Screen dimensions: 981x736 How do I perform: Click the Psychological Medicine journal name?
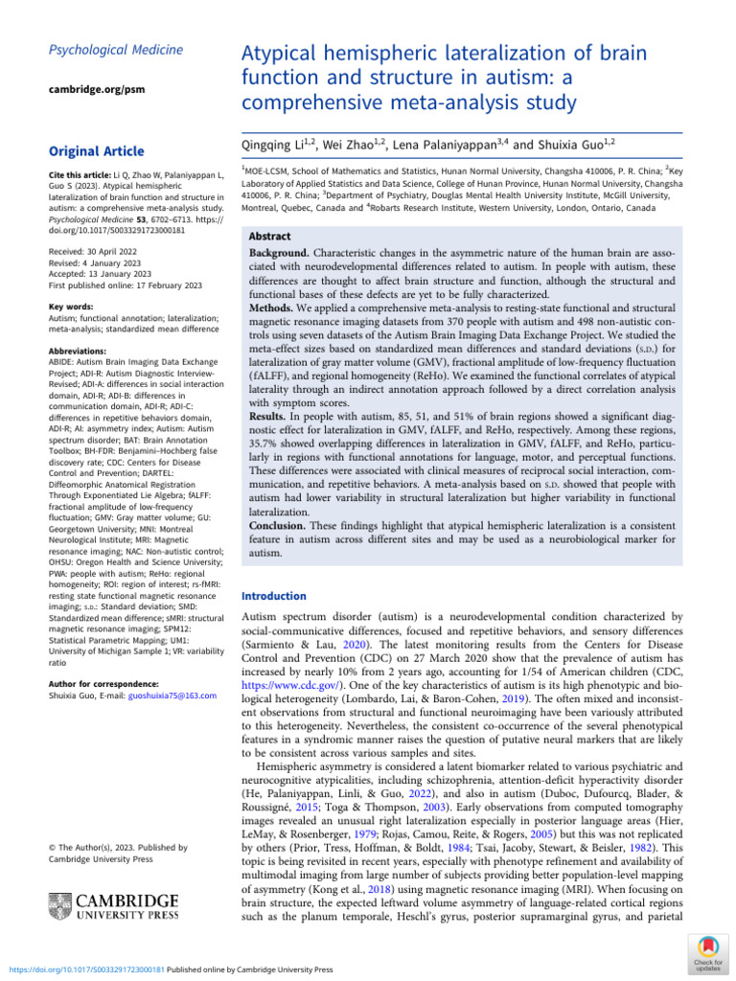tap(103, 50)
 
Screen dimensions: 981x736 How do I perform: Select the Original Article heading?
tap(96, 151)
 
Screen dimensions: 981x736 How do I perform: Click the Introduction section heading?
tap(276, 595)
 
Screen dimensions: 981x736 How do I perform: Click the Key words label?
tap(70, 307)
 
